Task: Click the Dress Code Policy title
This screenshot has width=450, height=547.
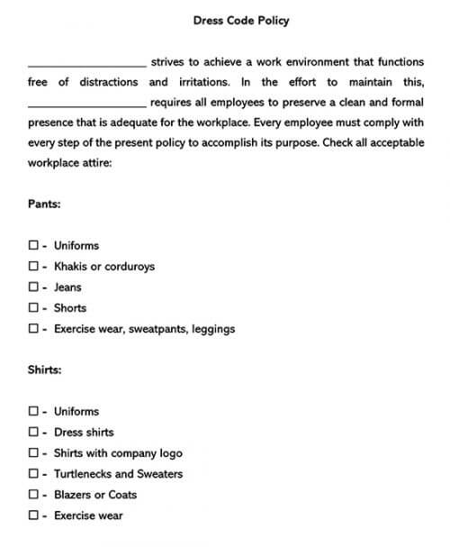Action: click(241, 20)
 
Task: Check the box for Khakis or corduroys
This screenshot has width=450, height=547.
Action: click(33, 267)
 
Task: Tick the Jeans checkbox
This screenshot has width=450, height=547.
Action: click(33, 287)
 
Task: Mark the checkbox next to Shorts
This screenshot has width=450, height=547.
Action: click(33, 308)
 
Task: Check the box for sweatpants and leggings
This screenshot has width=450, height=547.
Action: click(33, 329)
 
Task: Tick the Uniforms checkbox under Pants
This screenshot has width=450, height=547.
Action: click(33, 245)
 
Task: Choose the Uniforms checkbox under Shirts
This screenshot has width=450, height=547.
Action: click(33, 411)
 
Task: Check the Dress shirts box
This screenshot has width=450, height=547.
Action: click(33, 433)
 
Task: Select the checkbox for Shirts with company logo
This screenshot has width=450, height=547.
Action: click(33, 453)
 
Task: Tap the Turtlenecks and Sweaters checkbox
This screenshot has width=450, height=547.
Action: click(33, 474)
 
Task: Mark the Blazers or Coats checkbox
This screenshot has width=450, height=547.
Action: click(33, 495)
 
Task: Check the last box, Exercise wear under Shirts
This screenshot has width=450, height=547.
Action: click(33, 515)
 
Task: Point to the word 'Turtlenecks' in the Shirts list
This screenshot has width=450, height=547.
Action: click(82, 474)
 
